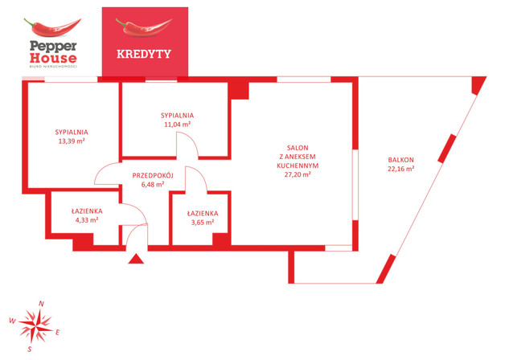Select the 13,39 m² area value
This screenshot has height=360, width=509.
72,141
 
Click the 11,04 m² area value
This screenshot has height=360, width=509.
177,125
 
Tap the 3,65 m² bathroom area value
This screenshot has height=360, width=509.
202,223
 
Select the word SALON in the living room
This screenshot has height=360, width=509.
298,148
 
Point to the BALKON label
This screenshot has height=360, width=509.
400,160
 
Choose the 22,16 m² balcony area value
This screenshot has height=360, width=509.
400,170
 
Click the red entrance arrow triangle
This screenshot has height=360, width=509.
136,259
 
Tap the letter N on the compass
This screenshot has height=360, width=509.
42,303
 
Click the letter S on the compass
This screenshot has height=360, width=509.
29,349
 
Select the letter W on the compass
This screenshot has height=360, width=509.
12,320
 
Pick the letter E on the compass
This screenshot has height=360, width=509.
59,331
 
